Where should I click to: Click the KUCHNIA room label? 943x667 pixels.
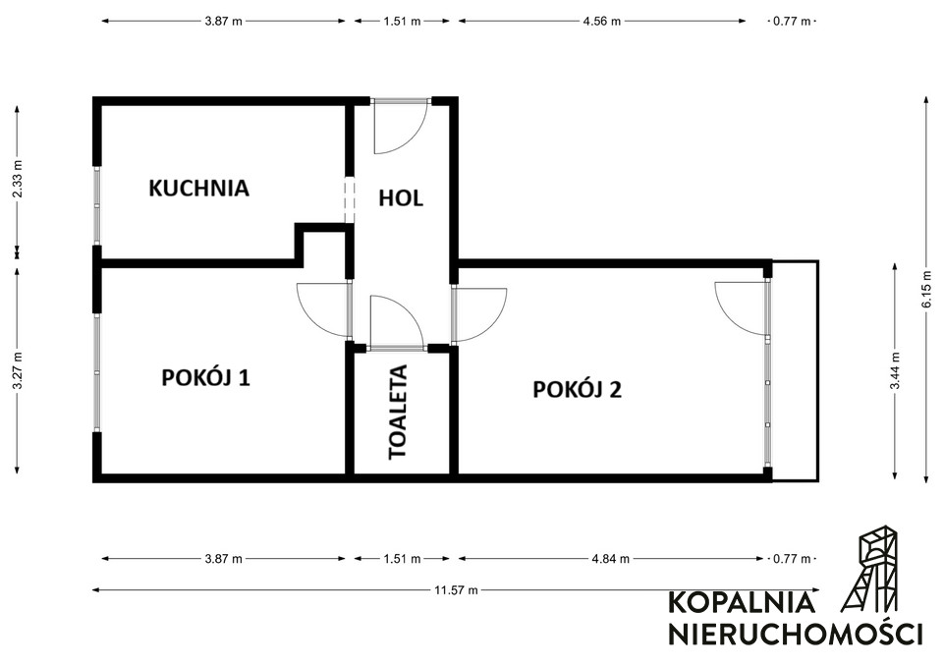(x=198, y=189)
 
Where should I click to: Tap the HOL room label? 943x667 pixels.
(x=401, y=197)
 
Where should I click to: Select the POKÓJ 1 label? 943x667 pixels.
(x=205, y=378)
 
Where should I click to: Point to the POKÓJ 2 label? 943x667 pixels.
(x=578, y=389)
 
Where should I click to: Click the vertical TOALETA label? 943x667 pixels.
(x=398, y=412)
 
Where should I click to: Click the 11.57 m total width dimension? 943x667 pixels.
(x=456, y=590)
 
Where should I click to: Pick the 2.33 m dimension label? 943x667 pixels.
(x=18, y=178)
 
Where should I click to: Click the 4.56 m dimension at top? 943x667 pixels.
(x=602, y=21)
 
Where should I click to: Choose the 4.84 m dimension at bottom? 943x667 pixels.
(x=610, y=559)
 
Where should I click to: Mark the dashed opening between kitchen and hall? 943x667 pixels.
(x=350, y=199)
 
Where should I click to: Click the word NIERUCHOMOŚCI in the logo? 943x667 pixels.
(x=796, y=633)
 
